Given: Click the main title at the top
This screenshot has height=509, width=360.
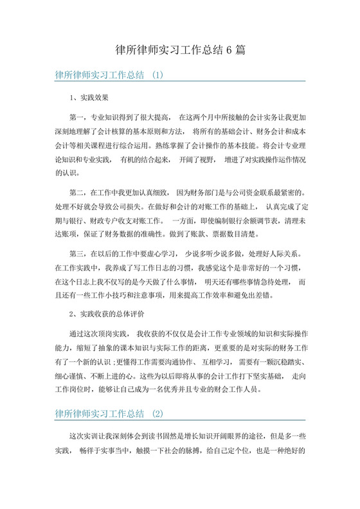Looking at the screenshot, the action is click(x=179, y=49).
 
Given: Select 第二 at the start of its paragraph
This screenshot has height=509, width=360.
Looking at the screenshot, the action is click(x=76, y=192).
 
